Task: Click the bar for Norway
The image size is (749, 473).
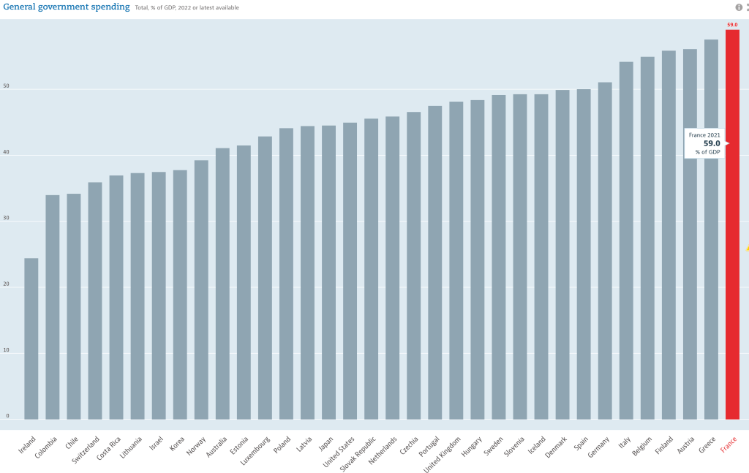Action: point(201,290)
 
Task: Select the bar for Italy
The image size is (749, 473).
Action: point(626,241)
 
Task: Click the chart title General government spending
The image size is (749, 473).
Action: point(67,7)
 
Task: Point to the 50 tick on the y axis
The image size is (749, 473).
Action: point(7,87)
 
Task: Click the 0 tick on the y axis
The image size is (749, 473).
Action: point(8,416)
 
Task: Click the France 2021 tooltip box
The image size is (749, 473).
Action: point(704,143)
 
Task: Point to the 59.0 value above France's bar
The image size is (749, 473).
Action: point(732,25)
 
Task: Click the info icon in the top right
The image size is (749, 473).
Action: point(738,7)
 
